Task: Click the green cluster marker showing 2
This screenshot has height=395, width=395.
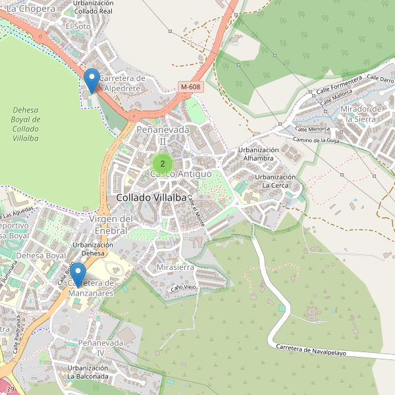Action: (163, 163)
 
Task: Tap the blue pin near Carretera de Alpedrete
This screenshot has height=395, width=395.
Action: (92, 80)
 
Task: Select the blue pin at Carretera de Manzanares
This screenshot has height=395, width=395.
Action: (78, 274)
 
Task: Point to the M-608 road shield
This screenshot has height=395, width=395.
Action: (190, 87)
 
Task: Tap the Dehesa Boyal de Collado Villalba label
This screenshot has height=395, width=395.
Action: (26, 124)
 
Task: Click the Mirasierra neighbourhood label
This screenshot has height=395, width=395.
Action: (175, 268)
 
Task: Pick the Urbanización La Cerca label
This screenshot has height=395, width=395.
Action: (276, 181)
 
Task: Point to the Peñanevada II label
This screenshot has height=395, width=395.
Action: (162, 135)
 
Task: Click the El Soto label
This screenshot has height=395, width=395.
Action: (78, 26)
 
